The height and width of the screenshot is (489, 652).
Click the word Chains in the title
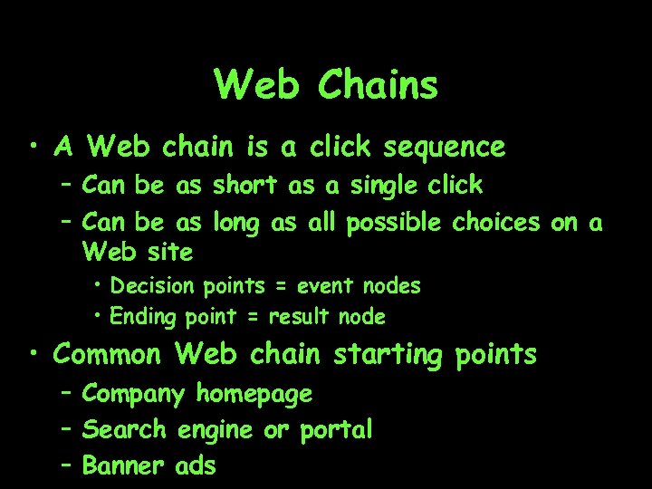point(379,86)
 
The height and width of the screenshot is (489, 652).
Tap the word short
point(245,186)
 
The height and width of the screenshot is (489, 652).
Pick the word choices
point(497,222)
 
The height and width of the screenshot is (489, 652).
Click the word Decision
point(152,286)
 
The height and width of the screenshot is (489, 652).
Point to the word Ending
point(145,317)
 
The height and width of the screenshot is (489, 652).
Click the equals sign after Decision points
point(281,287)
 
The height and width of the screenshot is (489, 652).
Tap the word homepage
point(254,394)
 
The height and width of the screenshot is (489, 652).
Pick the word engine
point(216,430)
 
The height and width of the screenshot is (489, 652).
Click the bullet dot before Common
point(33,354)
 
